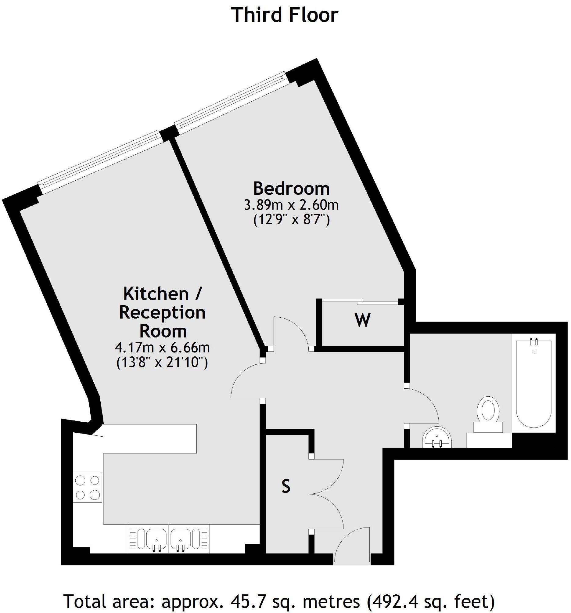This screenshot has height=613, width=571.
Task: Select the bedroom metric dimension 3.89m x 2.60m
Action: click(x=291, y=205)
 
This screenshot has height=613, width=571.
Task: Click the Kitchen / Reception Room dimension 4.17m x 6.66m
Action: click(x=162, y=348)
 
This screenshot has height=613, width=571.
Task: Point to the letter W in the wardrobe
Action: click(x=362, y=320)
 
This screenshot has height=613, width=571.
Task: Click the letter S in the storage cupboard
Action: click(x=286, y=486)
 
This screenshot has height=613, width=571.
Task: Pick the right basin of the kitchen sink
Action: click(x=180, y=539)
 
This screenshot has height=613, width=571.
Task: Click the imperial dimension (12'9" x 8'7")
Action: click(x=291, y=220)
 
